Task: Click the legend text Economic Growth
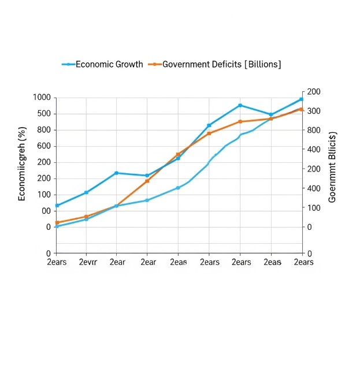pyautogui.click(x=109, y=64)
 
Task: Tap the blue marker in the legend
pyautogui.click(x=69, y=64)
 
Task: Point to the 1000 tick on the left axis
pyautogui.click(x=42, y=98)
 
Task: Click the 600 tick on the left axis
pyautogui.click(x=42, y=146)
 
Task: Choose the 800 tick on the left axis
pyautogui.click(x=42, y=130)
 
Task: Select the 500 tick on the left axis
pyautogui.click(x=42, y=114)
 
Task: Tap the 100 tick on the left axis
pyautogui.click(x=42, y=195)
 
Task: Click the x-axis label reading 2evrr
pyautogui.click(x=87, y=262)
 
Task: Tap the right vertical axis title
pyautogui.click(x=332, y=167)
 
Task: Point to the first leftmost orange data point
pyautogui.click(x=57, y=223)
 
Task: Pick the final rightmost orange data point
pyautogui.click(x=301, y=109)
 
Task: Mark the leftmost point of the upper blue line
pyautogui.click(x=57, y=206)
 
